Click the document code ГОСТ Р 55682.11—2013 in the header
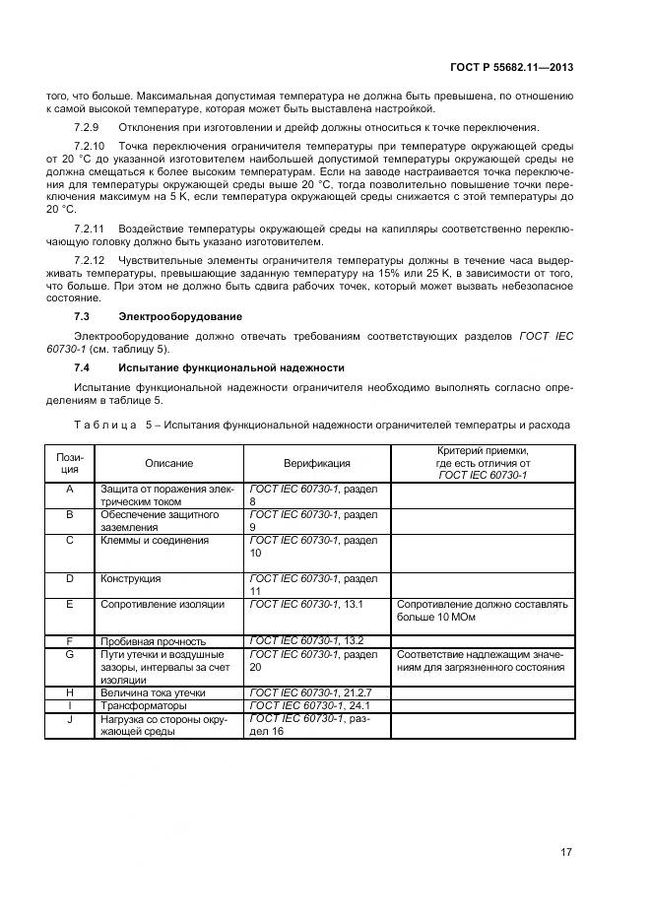[526, 67]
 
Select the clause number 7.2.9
[87, 128]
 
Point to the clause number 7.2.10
[90, 146]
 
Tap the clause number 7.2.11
[90, 229]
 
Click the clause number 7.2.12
[90, 260]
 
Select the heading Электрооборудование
[180, 316]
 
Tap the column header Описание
[169, 463]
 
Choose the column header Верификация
[316, 463]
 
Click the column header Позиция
[70, 463]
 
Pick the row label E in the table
[70, 604]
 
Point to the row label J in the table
[70, 719]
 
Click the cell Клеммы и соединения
[155, 540]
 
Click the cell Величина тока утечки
[154, 692]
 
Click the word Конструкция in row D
[131, 578]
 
